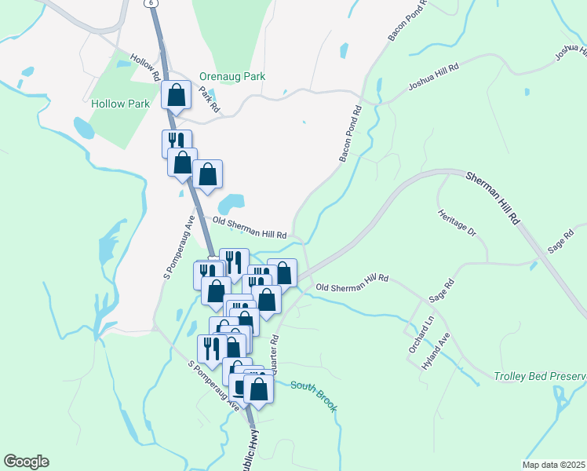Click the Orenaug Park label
(x=242, y=77)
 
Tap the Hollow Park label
(x=119, y=104)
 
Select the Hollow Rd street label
(x=147, y=68)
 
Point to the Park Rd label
(x=207, y=99)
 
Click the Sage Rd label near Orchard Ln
(x=442, y=293)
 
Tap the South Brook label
(x=313, y=396)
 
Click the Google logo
(x=26, y=462)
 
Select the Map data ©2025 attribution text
(x=553, y=465)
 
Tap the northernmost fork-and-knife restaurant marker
(x=177, y=142)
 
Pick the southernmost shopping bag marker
(x=258, y=388)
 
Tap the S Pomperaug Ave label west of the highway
(x=180, y=246)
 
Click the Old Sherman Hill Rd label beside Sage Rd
(x=352, y=282)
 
